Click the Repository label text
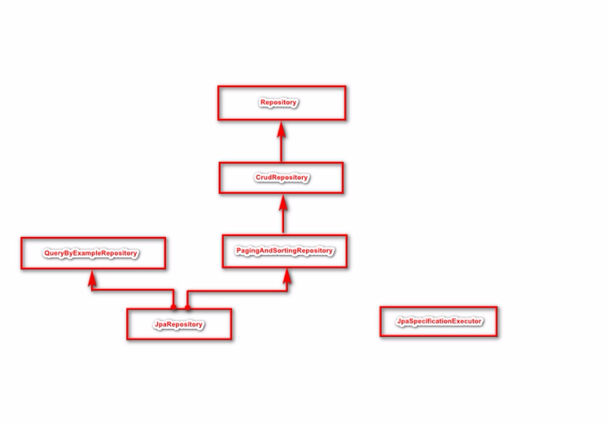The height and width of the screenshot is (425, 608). coord(279,103)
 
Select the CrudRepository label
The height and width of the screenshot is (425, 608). coord(281,178)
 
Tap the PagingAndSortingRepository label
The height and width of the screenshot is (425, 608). coord(284,250)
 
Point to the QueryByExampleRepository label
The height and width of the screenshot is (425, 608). coord(90,253)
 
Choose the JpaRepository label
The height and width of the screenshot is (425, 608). coord(179,324)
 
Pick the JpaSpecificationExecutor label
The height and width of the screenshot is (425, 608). coord(439,321)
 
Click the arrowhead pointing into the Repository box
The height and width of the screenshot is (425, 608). coord(282,128)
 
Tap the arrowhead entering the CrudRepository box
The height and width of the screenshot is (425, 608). coord(283,202)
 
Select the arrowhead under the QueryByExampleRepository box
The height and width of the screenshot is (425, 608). coord(92,278)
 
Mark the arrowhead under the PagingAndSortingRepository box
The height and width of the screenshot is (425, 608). coord(286,276)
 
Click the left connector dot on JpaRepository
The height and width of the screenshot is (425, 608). coord(174,307)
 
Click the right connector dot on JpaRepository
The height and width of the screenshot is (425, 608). coord(188,307)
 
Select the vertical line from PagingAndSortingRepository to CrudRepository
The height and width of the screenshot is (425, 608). coord(283,221)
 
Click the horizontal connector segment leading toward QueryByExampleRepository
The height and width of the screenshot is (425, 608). coord(132,289)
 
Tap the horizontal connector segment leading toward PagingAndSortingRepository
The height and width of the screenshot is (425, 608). coord(237,290)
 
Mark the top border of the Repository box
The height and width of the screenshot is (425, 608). coord(281,87)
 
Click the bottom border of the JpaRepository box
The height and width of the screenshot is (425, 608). coord(179,339)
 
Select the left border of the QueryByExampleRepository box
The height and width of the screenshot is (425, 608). coord(22,253)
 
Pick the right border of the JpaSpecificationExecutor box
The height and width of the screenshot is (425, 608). coord(496,321)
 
